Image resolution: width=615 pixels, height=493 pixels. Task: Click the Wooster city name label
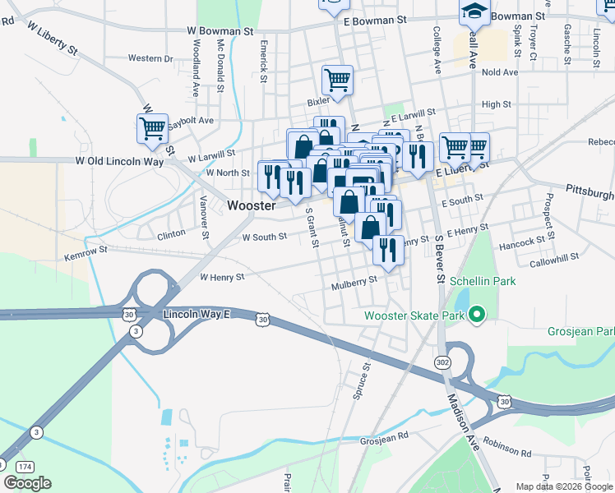coord(252,205)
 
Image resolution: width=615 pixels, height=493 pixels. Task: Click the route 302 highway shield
coord(442,362)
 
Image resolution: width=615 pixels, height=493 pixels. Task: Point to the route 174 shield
coord(16,465)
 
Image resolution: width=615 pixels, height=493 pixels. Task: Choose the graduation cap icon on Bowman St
coord(474,11)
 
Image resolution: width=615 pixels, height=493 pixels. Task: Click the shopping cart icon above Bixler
coord(337,81)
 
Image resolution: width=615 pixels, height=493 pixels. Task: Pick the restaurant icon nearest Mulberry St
coord(388,250)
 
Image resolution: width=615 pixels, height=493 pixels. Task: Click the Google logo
coord(27,483)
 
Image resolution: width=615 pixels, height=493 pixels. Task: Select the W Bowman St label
coord(219,31)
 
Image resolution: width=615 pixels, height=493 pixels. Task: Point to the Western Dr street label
coord(150,58)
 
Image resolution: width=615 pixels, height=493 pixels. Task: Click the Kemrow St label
coord(86,254)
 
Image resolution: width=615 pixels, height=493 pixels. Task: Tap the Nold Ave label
coord(500,72)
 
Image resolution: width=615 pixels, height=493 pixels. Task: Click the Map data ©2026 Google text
coord(563,486)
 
